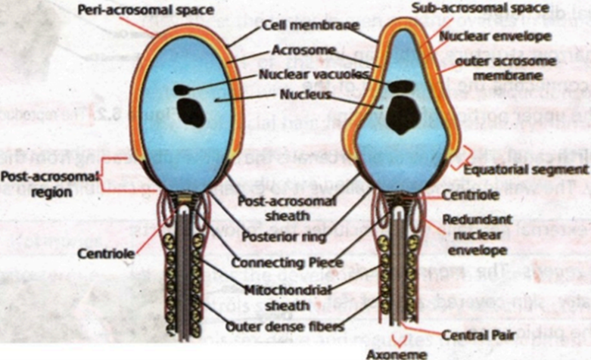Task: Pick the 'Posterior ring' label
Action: pos(283,237)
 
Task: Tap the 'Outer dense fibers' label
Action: pos(282,327)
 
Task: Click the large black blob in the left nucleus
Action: pos(191,114)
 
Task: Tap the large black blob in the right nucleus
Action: pos(402,116)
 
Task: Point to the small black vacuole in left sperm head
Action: pos(182,90)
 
